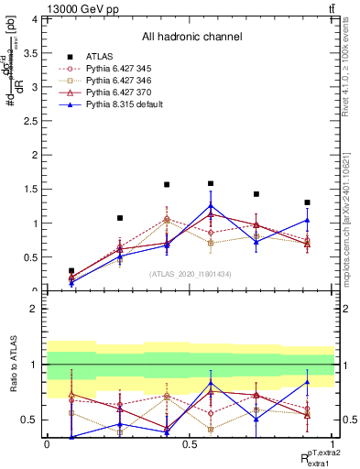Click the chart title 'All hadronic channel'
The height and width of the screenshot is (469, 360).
(x=191, y=37)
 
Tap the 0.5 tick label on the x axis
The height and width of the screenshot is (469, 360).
(x=190, y=443)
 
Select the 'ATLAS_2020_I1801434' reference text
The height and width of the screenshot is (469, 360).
(x=190, y=274)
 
